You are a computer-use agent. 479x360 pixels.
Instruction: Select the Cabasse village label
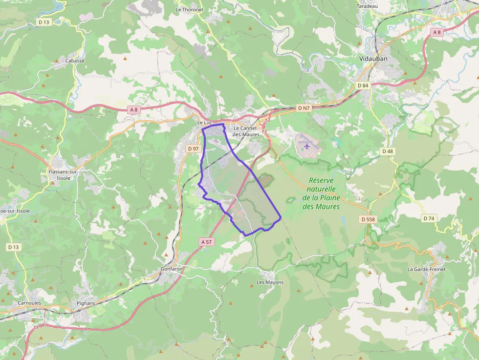coord(75,61)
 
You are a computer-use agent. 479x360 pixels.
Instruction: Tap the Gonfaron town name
coord(172,269)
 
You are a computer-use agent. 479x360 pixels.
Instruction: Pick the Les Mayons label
coord(270,282)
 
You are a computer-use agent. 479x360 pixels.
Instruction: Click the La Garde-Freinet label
coord(426,269)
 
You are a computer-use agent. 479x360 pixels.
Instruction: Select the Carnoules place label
coord(29,303)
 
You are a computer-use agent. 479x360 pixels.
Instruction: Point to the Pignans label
coord(86,303)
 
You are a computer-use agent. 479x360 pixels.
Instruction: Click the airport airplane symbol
coord(307,145)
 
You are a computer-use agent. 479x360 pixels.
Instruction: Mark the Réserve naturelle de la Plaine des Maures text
coord(321,193)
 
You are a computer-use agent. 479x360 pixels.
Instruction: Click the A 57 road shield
coord(207,242)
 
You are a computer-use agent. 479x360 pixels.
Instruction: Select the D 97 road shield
coord(193,148)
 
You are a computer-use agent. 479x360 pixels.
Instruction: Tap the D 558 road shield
coord(368,219)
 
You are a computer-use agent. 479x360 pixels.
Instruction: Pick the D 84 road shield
coord(363,85)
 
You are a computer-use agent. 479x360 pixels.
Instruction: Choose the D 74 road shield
coord(429,218)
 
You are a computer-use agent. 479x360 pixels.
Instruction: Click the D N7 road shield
coord(304,108)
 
